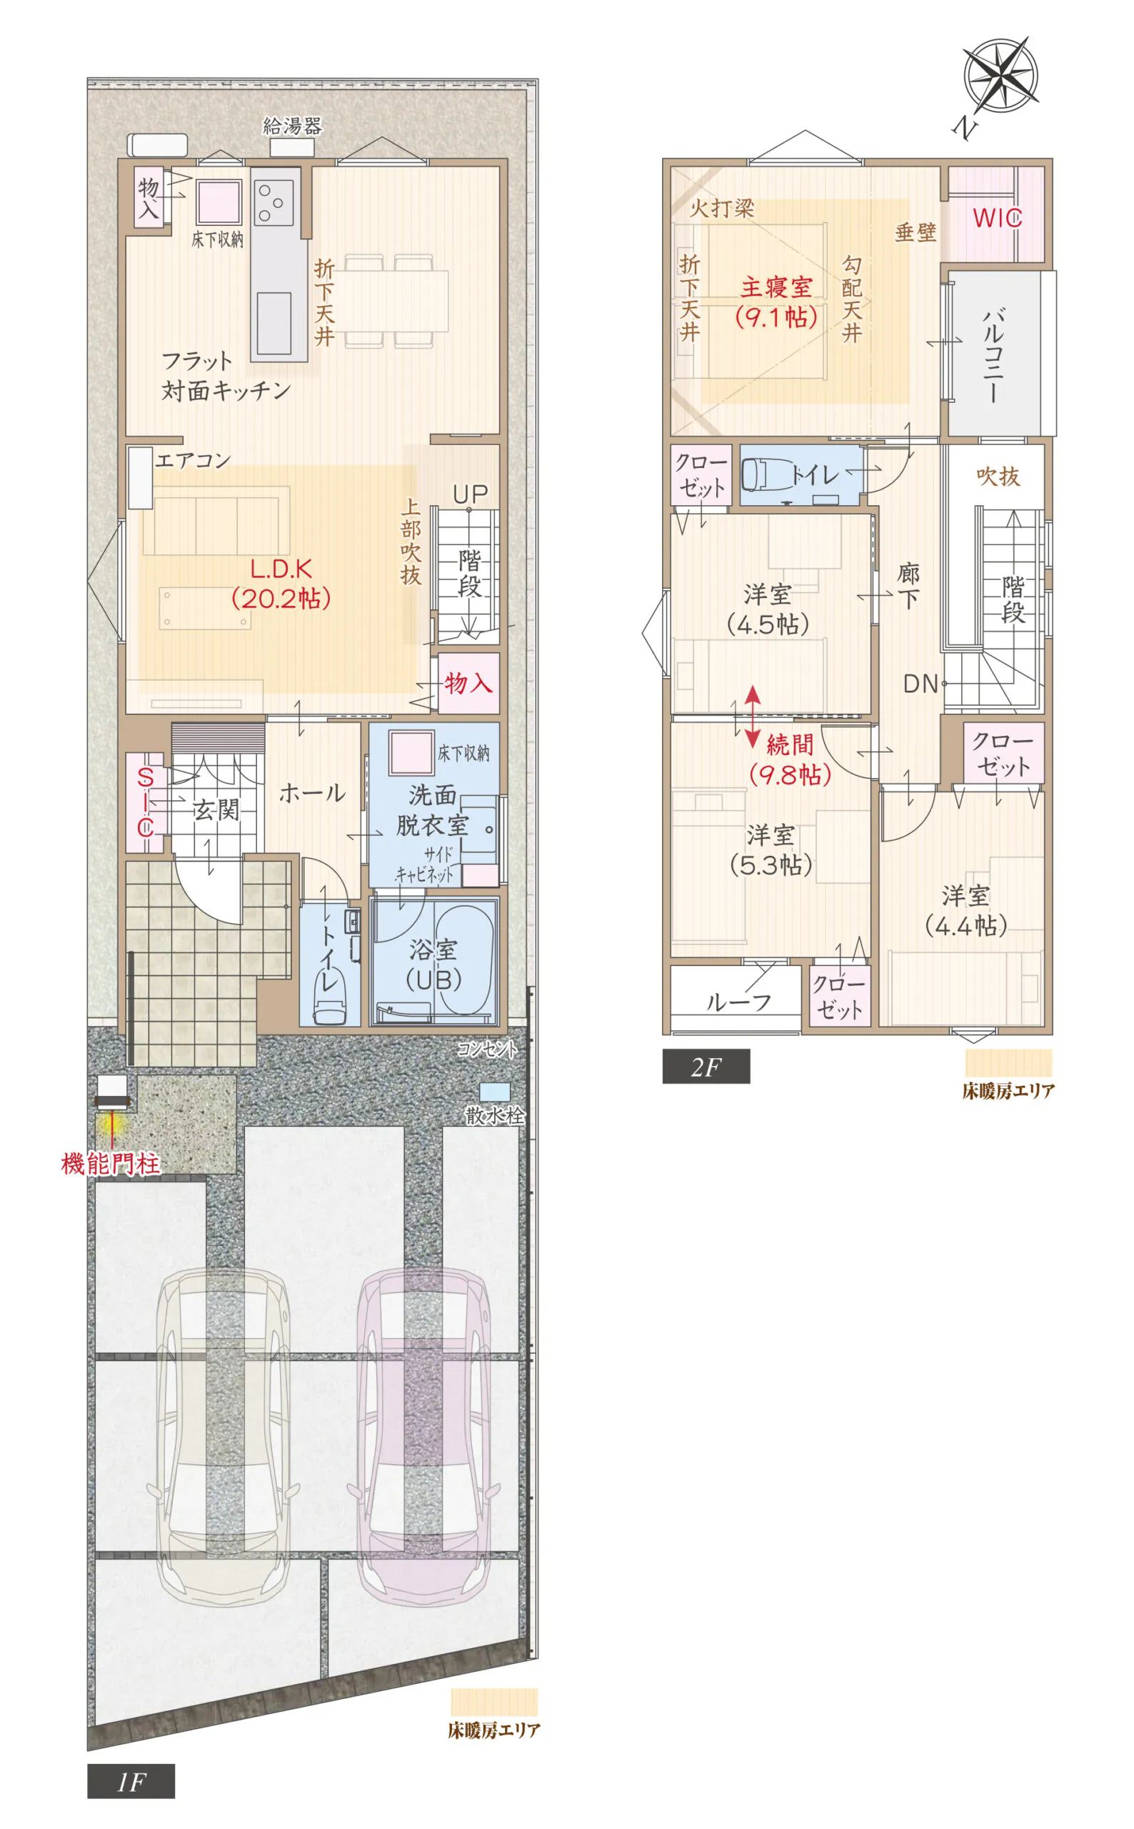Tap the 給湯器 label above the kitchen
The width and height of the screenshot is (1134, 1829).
point(293,126)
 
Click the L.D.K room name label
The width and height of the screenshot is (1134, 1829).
point(281,569)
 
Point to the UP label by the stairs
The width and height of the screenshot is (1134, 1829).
point(471,494)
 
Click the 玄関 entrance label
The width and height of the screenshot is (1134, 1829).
point(216,809)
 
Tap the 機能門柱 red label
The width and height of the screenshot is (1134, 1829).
point(110,1164)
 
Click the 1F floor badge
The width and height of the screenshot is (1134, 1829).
point(131,1781)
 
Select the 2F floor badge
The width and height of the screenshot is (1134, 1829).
point(706,1066)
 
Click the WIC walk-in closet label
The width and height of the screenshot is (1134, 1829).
point(998,219)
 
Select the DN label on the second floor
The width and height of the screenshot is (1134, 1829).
point(921,684)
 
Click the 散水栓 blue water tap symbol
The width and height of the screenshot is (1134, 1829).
point(495,1092)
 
